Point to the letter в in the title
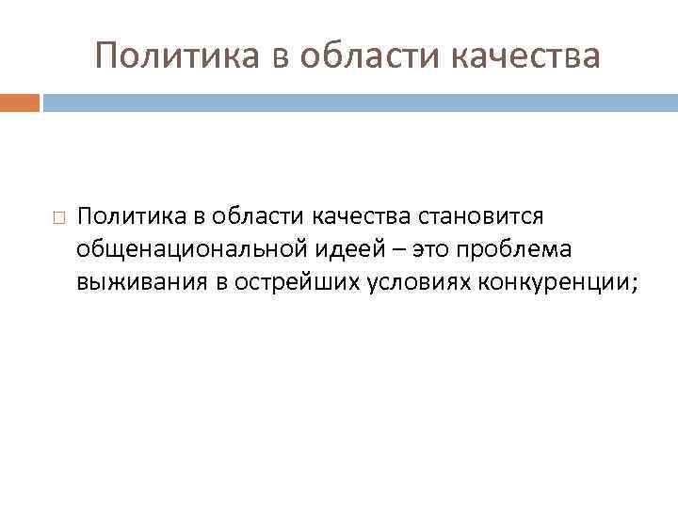point(278,57)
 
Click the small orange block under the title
point(20,102)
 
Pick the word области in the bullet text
point(243,217)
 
